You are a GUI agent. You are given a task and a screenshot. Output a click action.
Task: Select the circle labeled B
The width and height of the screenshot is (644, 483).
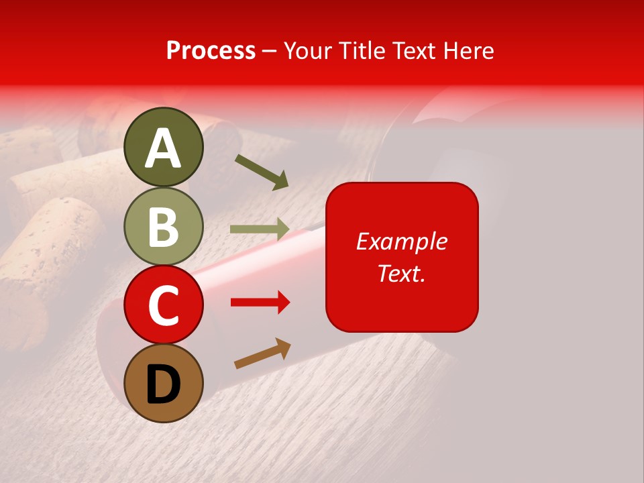coord(164,226)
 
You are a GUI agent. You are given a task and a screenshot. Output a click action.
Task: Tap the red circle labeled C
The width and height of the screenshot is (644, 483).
coord(164,305)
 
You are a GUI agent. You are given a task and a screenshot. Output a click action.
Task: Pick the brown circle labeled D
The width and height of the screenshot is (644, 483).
coord(164,383)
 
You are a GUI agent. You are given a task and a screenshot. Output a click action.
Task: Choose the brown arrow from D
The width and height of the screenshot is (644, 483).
coord(262,354)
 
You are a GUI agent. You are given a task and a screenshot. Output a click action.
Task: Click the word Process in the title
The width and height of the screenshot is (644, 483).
coord(211,51)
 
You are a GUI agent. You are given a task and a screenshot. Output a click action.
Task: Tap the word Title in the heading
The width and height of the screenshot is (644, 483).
coord(361,51)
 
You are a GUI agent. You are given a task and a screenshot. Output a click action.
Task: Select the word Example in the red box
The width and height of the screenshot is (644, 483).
coord(401,241)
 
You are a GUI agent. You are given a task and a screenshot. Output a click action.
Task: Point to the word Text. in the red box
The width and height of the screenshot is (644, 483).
coord(401,273)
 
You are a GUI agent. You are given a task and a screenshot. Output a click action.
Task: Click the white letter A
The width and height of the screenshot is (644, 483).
coord(164,149)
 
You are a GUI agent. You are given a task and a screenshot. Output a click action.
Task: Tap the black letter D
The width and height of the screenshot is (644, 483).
coord(164,384)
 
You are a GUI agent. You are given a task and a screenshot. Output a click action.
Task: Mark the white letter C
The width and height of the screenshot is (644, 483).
coord(164,306)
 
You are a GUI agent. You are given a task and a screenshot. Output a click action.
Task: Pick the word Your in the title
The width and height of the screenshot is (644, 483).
coord(307,51)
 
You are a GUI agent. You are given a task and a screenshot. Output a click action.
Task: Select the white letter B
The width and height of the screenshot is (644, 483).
coord(164,227)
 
